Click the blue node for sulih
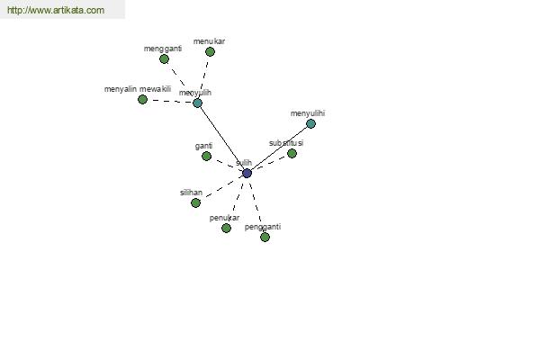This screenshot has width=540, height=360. point(247,173)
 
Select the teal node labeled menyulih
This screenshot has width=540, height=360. point(197,103)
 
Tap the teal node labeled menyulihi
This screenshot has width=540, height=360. point(310,123)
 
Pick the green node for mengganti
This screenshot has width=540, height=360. point(165,58)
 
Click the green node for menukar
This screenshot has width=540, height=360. point(210,51)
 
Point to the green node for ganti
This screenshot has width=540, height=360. point(206,156)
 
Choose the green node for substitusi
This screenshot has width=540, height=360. point(292,153)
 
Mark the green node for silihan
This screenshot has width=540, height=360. point(195,202)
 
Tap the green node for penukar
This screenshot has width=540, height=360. point(226,228)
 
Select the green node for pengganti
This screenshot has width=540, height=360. point(265,237)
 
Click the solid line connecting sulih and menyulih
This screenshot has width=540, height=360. point(222,138)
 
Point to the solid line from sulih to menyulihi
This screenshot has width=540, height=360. point(279,148)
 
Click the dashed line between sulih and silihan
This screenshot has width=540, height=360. point(221,188)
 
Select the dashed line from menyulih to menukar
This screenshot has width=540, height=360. point(204,77)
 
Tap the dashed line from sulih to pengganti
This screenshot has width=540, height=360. point(256,205)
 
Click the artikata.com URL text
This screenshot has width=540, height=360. point(56,10)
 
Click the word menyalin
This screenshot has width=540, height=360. point(121,89)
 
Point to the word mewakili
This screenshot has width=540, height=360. point(156,89)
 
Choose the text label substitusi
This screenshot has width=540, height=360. point(286,143)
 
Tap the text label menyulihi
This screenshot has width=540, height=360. point(308,113)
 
